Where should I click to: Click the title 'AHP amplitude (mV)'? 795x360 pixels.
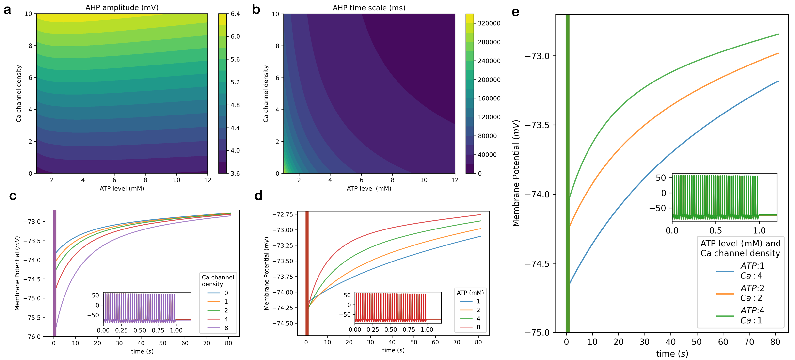122,7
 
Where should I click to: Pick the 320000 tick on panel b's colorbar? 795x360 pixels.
489,23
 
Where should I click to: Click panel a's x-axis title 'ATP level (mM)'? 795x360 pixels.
122,188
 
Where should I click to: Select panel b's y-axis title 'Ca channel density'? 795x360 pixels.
266,94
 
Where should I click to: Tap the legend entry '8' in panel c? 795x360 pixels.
226,328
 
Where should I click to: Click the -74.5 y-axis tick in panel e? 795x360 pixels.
537,264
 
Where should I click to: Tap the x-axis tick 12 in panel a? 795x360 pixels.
207,180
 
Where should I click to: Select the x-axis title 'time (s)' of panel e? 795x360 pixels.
672,354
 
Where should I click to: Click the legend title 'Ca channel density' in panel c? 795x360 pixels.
218,280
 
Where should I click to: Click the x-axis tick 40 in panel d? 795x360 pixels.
392,342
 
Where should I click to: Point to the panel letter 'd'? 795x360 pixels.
258,196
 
